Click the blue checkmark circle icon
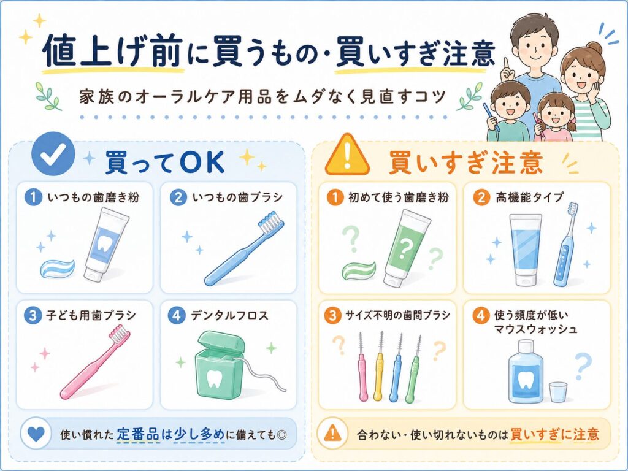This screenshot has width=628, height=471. (53, 154)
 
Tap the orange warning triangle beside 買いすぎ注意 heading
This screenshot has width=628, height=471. (347, 155)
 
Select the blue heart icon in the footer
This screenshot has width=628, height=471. (36, 434)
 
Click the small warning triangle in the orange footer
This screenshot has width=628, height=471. (332, 434)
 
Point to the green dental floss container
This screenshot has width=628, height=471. (220, 365)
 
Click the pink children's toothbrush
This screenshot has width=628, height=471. (95, 362)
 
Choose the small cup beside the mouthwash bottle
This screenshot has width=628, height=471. (558, 392)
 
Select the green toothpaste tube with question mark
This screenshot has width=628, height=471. (405, 248)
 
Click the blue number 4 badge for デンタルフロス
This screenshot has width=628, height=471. (177, 315)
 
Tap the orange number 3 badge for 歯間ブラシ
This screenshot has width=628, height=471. (332, 315)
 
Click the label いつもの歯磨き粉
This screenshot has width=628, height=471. (93, 197)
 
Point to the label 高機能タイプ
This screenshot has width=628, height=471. (529, 197)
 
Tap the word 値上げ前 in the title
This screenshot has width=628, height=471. (113, 51)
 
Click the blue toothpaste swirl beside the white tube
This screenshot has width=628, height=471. (57, 268)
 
